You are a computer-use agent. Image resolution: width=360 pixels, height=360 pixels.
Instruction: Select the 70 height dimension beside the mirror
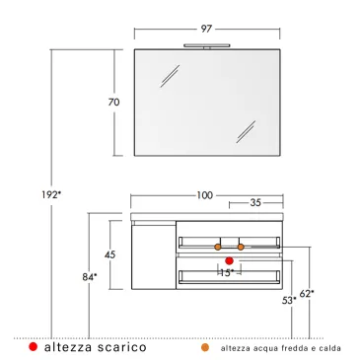coord(114,103)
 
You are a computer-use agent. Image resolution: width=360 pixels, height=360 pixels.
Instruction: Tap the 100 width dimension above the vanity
coord(204,194)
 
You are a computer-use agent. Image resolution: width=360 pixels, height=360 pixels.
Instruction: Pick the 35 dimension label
coord(254,204)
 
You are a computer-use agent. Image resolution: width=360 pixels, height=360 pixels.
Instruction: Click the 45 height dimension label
coord(109,254)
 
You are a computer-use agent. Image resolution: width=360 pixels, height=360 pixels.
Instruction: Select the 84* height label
coord(89,278)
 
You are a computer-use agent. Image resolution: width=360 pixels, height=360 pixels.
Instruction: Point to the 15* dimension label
coord(226,272)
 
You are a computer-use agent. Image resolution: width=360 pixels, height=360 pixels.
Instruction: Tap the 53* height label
coord(288,299)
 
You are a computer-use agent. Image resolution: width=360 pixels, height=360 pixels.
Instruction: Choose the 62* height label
coord(307,293)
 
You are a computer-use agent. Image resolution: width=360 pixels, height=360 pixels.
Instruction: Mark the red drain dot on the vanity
coord(229,260)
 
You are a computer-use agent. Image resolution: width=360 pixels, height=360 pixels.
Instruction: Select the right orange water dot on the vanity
coord(240,246)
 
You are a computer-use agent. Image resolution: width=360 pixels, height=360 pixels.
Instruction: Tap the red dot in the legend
coord(34,347)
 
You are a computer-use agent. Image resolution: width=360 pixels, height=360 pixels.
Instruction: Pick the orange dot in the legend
coord(205,347)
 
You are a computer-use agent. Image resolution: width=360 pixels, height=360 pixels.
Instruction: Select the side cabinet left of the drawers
coord(147,255)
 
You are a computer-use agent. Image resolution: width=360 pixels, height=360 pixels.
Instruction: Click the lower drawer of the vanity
coord(228,276)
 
